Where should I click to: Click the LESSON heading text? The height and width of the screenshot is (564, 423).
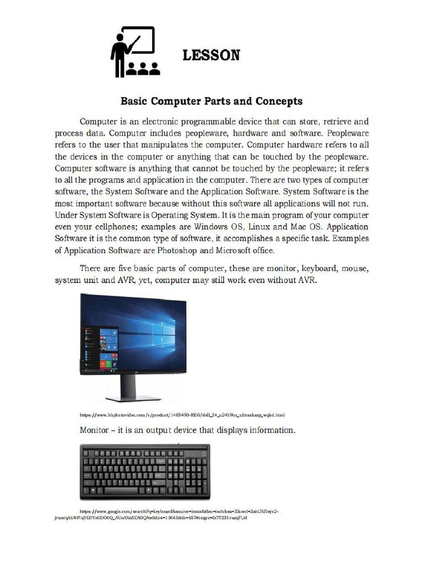click(x=211, y=55)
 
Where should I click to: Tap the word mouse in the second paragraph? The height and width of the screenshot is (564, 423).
click(x=354, y=269)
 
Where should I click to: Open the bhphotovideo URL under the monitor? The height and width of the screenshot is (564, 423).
click(x=182, y=414)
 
